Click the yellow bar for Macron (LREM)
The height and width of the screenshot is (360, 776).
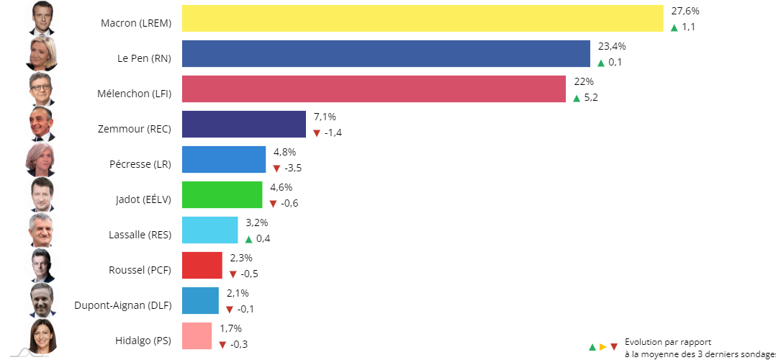pos(422,19)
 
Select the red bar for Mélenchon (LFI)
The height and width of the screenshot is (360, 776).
pos(374,89)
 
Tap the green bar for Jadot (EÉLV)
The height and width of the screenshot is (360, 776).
pos(222,194)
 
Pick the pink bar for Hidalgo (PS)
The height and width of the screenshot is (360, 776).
pos(197,336)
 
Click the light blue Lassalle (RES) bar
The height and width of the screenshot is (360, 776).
pos(209,230)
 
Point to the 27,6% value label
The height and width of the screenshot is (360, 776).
pos(685,11)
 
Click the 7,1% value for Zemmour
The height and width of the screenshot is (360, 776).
pos(325,117)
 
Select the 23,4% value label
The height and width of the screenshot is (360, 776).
pos(612,46)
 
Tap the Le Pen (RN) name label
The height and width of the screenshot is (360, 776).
pos(144,58)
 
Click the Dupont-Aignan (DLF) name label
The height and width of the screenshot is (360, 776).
pos(123,305)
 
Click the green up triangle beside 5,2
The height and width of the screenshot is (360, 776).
pos(577,98)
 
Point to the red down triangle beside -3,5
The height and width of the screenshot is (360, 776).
pos(276,168)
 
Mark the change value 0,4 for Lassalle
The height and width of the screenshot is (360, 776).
pos(263,239)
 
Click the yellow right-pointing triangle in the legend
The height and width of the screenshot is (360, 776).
pos(603,347)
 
